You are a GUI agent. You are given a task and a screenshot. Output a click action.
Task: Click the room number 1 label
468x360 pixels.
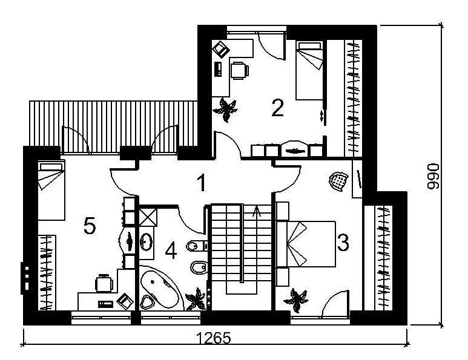coord(202,183)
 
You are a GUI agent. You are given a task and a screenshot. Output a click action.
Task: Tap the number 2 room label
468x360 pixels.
coord(277,108)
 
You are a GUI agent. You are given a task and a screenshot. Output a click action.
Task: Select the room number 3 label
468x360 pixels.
coord(343,242)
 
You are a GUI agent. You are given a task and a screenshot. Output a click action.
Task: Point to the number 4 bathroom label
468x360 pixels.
coord(171,250)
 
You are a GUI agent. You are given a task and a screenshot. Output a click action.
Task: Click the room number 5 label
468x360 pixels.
coord(90,226)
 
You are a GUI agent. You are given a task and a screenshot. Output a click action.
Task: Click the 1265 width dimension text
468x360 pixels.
coord(214,338)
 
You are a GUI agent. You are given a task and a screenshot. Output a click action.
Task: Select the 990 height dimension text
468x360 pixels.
coord(433,176)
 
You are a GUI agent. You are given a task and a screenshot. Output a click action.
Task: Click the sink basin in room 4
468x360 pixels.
coord(147,241)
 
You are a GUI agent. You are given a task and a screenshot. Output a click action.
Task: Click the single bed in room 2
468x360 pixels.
coord(309,70)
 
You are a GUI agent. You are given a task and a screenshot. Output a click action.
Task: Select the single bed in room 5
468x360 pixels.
coord(51,191)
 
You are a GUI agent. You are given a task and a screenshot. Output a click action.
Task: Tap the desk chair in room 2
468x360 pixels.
coord(240,70)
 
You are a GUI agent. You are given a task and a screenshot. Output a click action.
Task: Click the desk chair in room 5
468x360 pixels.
coord(104,283)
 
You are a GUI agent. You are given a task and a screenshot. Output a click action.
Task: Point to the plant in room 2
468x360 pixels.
coord(225,110)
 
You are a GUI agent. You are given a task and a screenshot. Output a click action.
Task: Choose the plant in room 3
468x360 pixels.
coord(296,300)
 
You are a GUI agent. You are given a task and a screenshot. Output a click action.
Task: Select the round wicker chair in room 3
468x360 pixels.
coord(338,181)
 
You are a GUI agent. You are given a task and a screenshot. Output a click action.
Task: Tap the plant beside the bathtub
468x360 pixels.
coord(196,299)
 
